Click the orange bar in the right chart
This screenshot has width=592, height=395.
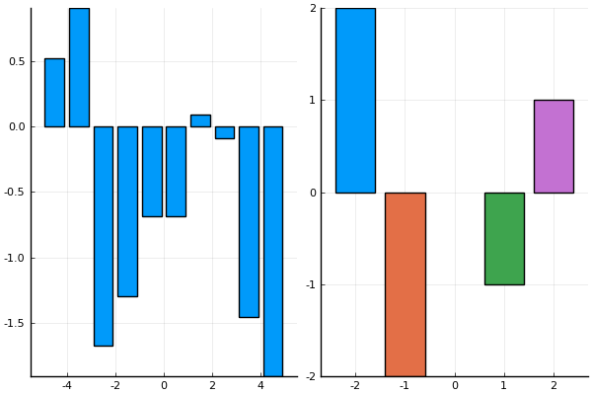point(405,284)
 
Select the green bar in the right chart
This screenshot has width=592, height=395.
point(504,238)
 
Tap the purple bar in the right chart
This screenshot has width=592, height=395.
point(554,146)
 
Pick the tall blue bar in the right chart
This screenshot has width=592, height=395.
point(355,100)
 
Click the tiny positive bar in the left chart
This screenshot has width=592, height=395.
point(200,120)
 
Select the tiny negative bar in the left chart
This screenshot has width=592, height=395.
point(225,132)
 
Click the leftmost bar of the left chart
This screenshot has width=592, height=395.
point(54,92)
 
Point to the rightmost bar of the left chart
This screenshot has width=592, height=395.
point(273,251)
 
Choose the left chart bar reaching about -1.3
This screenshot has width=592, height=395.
point(127,211)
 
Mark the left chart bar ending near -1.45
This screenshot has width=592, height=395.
point(249,221)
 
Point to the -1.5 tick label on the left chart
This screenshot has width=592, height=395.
point(13,324)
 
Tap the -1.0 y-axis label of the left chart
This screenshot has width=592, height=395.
point(13,258)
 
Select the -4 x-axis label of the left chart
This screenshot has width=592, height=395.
point(66,385)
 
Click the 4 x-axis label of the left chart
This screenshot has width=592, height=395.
point(260,385)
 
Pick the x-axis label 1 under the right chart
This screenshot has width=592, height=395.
point(504,385)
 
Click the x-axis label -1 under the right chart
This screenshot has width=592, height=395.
point(404,385)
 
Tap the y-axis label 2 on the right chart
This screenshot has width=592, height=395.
point(313,9)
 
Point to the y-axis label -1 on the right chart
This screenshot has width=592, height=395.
point(311,284)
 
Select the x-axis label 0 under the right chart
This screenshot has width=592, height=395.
point(455,385)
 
